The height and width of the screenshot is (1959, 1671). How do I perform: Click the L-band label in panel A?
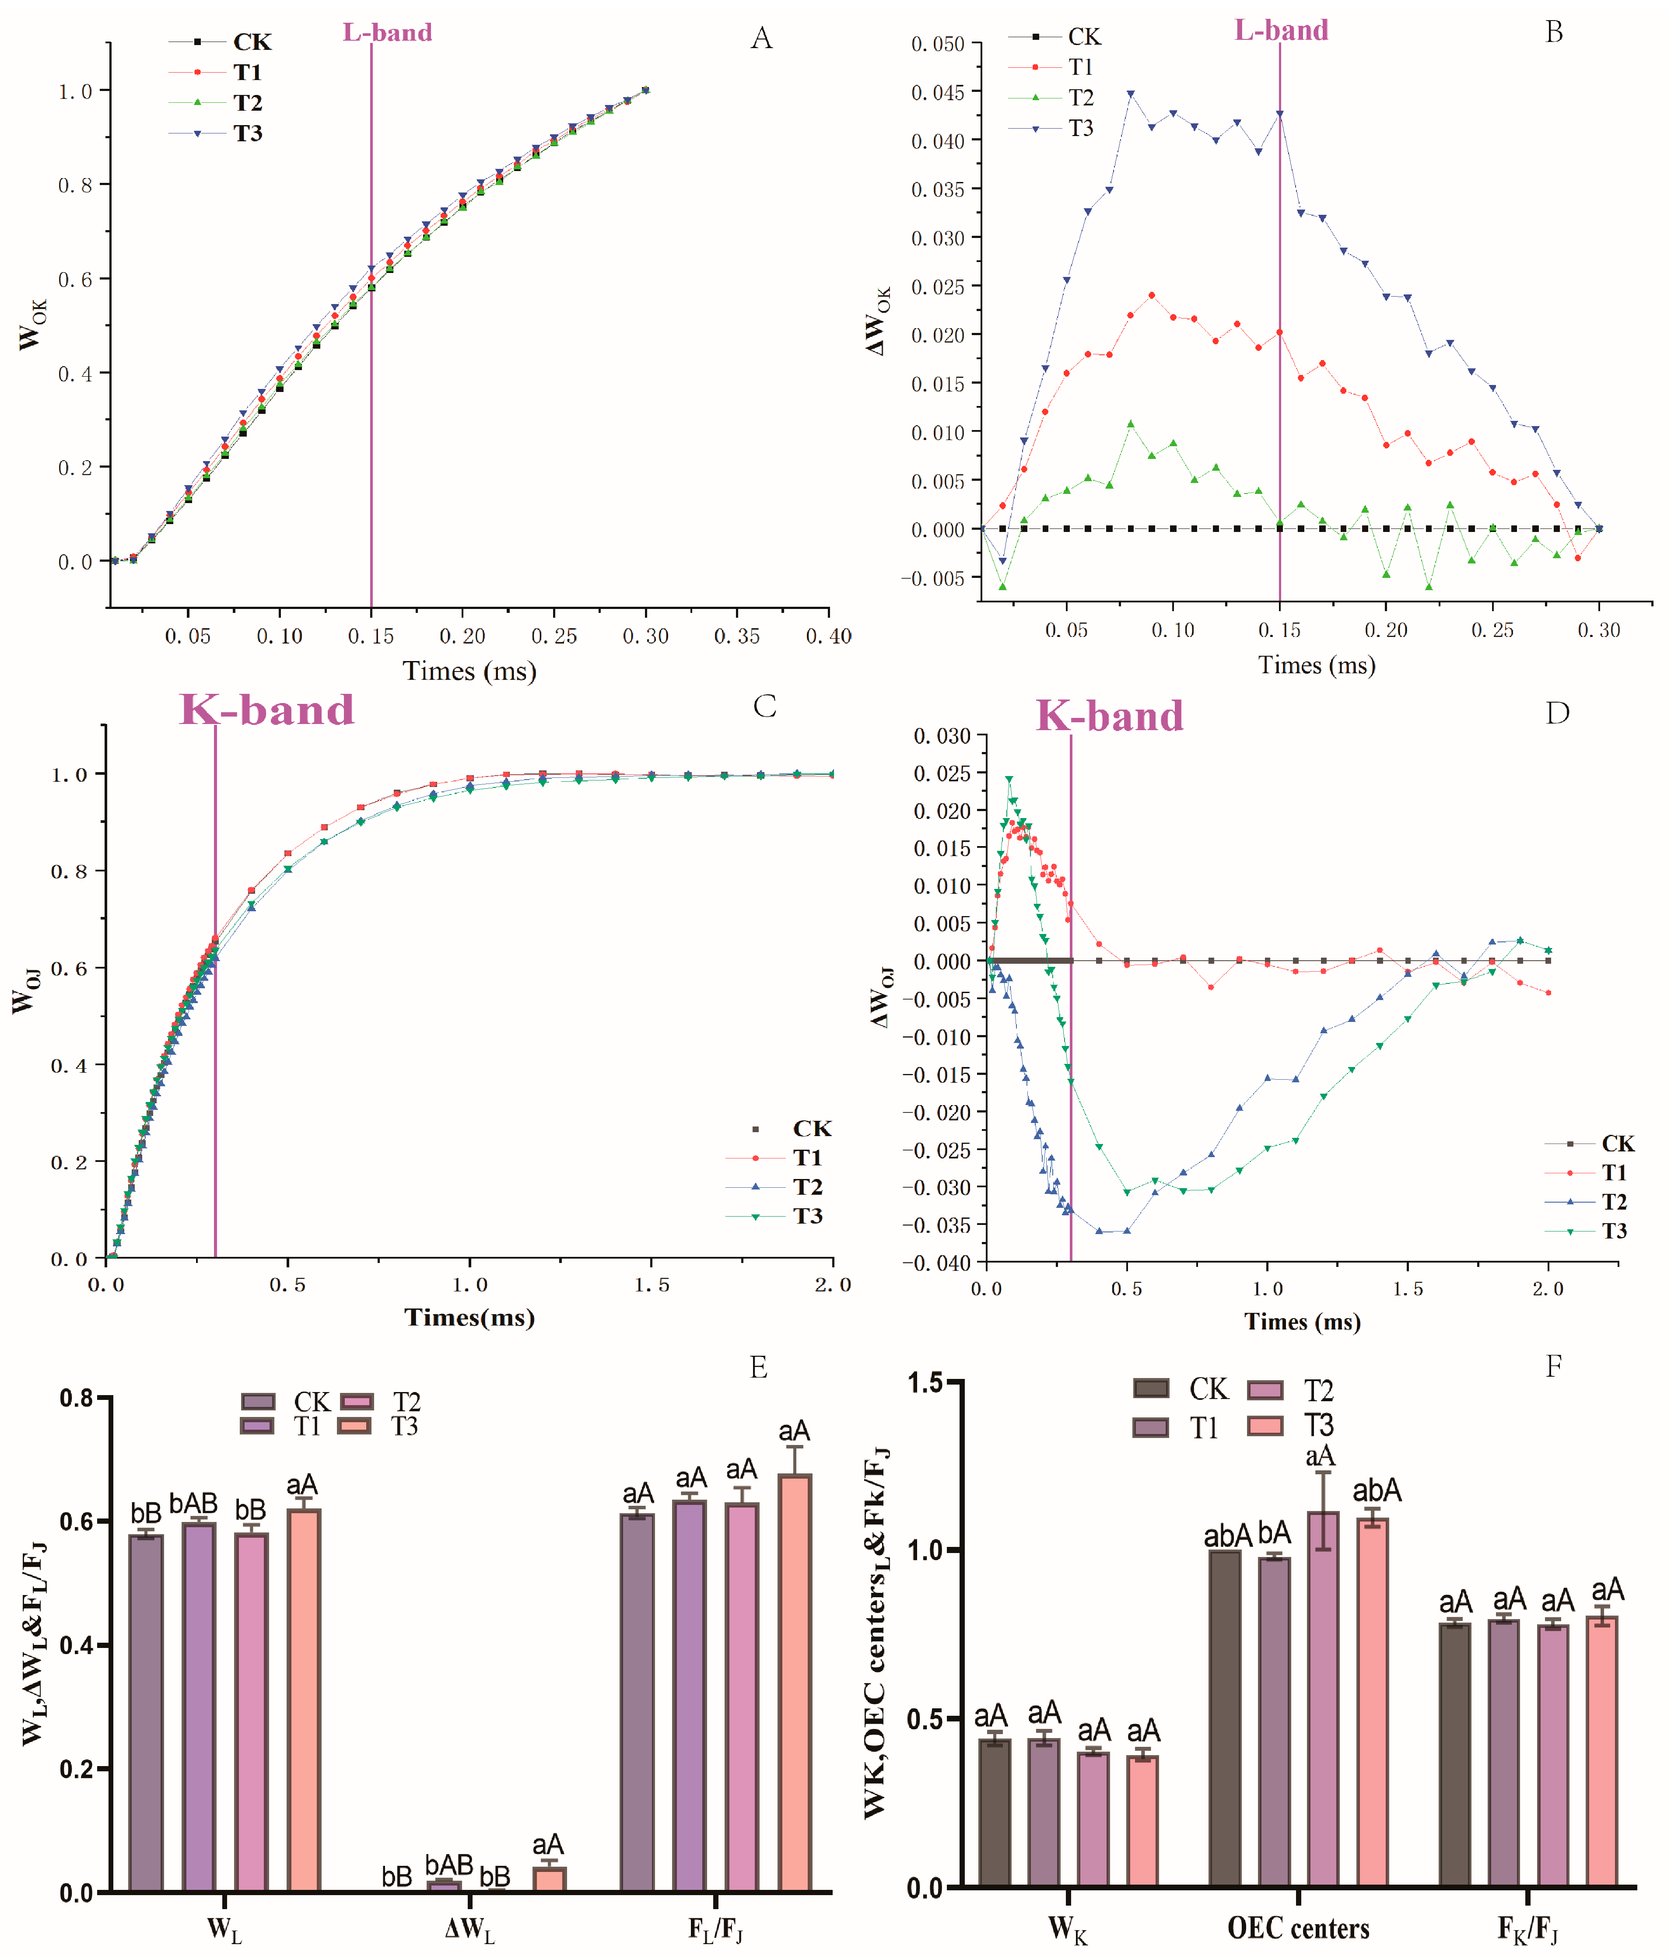[387, 32]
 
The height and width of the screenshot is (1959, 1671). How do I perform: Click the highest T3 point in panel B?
[1130, 94]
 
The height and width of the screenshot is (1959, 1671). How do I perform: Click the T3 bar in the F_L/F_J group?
[794, 1683]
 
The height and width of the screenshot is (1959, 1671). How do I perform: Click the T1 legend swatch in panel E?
[257, 1426]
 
